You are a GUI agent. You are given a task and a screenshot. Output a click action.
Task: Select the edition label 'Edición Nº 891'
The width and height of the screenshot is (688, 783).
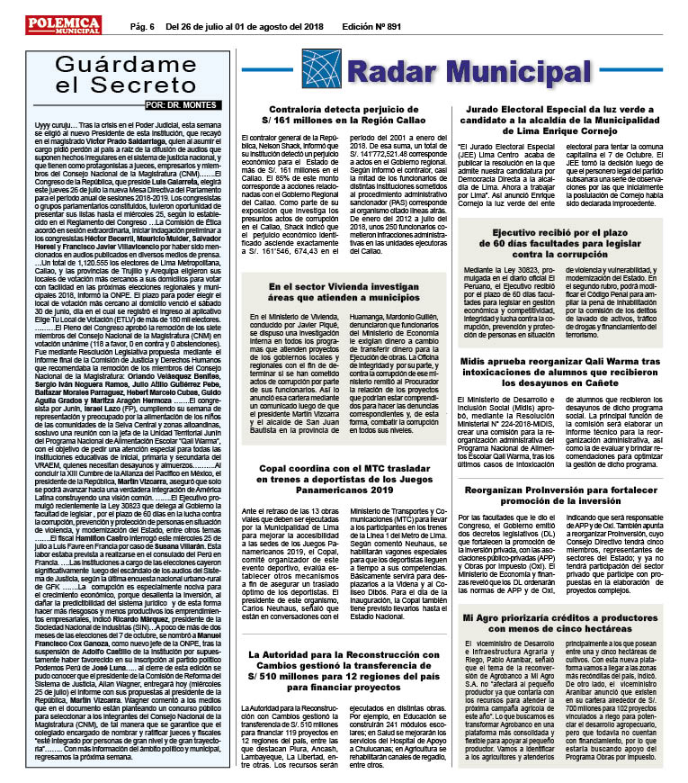(371, 28)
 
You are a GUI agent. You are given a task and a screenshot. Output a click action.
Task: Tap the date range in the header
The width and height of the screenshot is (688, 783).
(246, 28)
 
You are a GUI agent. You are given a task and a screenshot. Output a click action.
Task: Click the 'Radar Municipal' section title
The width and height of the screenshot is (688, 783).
(464, 72)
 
